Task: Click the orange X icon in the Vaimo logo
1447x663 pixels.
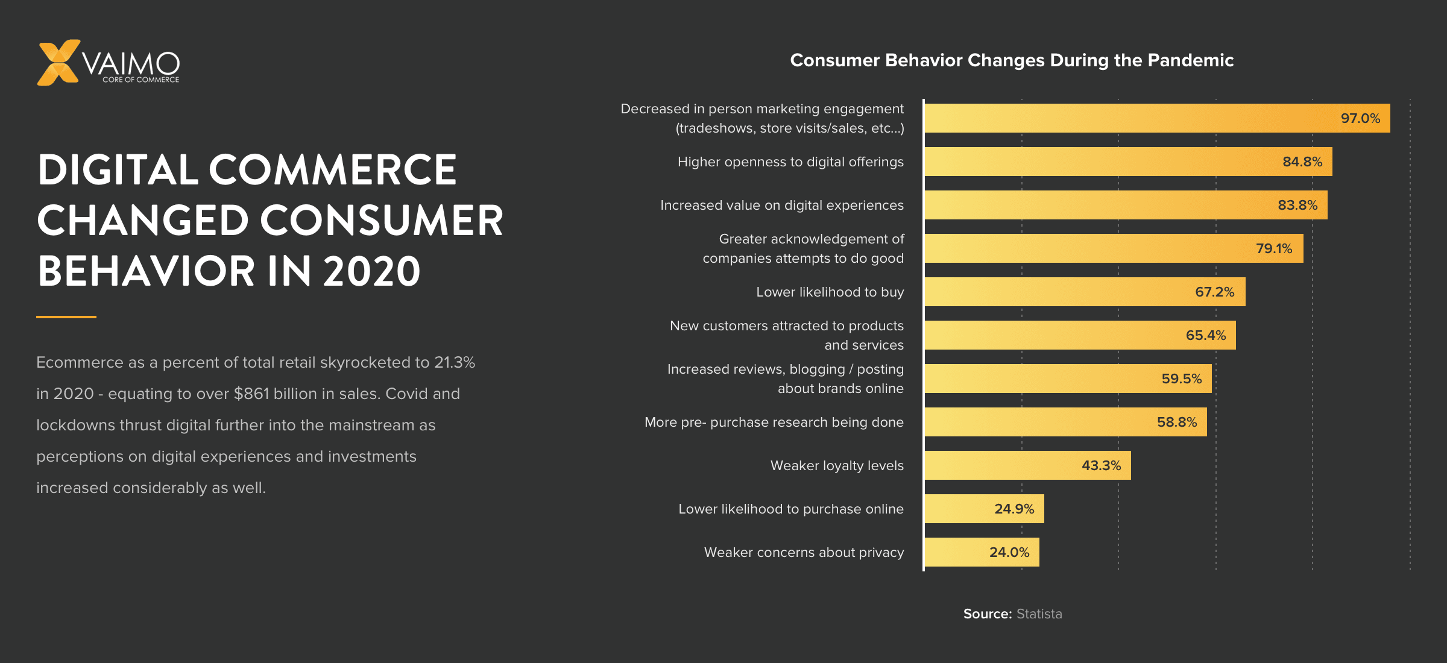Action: tap(58, 63)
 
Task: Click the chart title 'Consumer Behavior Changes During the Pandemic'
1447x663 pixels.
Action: tap(1012, 60)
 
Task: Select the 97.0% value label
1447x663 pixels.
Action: tap(1360, 118)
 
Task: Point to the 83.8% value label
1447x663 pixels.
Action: tap(1297, 205)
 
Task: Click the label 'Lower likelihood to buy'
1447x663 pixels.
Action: tap(830, 292)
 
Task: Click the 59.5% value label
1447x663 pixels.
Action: tap(1181, 379)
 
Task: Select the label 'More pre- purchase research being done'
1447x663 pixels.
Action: tap(774, 422)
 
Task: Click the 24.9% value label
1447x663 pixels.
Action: tap(1014, 509)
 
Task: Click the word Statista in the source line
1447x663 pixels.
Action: tap(1039, 614)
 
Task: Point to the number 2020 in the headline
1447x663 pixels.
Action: tap(371, 271)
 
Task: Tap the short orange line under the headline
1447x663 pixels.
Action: tap(66, 316)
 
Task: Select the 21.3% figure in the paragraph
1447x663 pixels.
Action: tap(455, 362)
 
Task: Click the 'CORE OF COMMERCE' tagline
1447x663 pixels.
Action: tap(140, 80)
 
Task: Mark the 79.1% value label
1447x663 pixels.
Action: tap(1273, 248)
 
